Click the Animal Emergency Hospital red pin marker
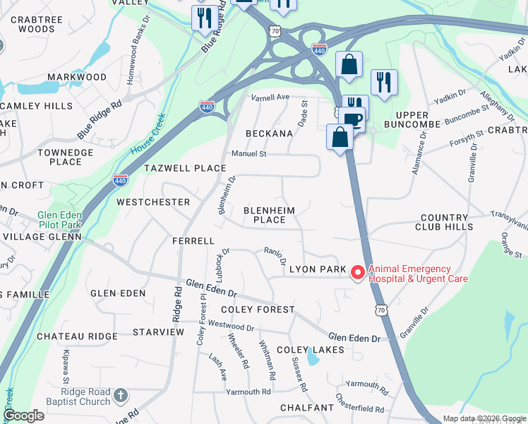click(x=358, y=272)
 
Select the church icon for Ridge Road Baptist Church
click(x=121, y=395)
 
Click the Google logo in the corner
click(x=23, y=416)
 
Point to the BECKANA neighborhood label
click(x=269, y=134)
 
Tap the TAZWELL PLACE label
click(x=185, y=168)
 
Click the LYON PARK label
click(x=318, y=269)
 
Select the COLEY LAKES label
click(x=310, y=350)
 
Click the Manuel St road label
click(x=249, y=153)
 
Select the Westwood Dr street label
click(x=231, y=326)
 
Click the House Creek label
click(x=147, y=135)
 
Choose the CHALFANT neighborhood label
click(x=306, y=408)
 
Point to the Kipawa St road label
click(x=66, y=361)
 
